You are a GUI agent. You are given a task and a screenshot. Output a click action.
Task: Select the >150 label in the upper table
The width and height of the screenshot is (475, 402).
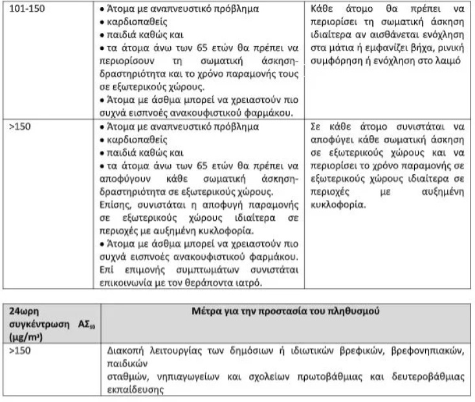pyautogui.click(x=19, y=126)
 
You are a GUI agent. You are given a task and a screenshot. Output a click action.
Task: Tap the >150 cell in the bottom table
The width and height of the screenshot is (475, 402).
pyautogui.click(x=19, y=350)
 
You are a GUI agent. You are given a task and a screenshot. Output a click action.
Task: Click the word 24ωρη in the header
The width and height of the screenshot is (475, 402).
pyautogui.click(x=26, y=311)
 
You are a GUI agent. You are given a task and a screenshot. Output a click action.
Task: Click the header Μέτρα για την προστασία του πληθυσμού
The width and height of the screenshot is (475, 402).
pyautogui.click(x=289, y=311)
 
